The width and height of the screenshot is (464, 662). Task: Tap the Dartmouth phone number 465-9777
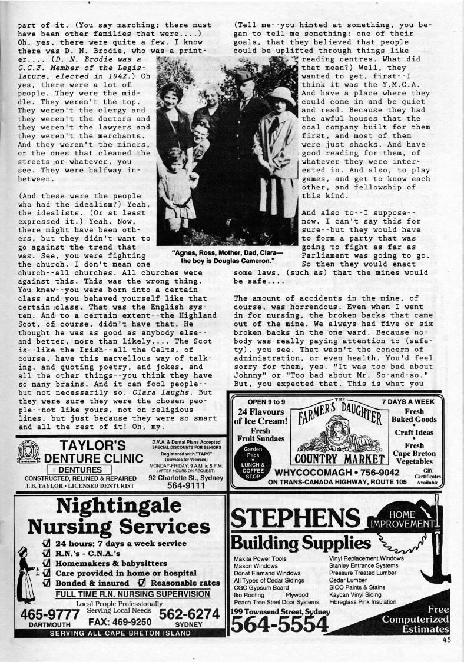pyautogui.click(x=49, y=615)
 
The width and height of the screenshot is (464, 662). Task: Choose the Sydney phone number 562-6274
pyautogui.click(x=188, y=614)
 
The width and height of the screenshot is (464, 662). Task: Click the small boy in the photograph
pyautogui.click(x=174, y=188)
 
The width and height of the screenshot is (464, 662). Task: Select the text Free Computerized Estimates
pyautogui.click(x=415, y=620)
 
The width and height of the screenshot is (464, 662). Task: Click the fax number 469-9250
pyautogui.click(x=120, y=621)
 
